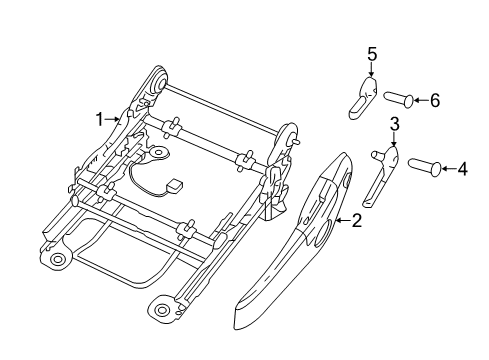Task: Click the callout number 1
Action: pyautogui.click(x=100, y=118)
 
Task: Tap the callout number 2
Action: pyautogui.click(x=355, y=222)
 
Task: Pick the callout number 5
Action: pyautogui.click(x=371, y=54)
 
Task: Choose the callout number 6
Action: pyautogui.click(x=434, y=99)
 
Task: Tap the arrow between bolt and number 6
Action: pyautogui.click(x=418, y=99)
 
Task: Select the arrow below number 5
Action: pyautogui.click(x=371, y=71)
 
